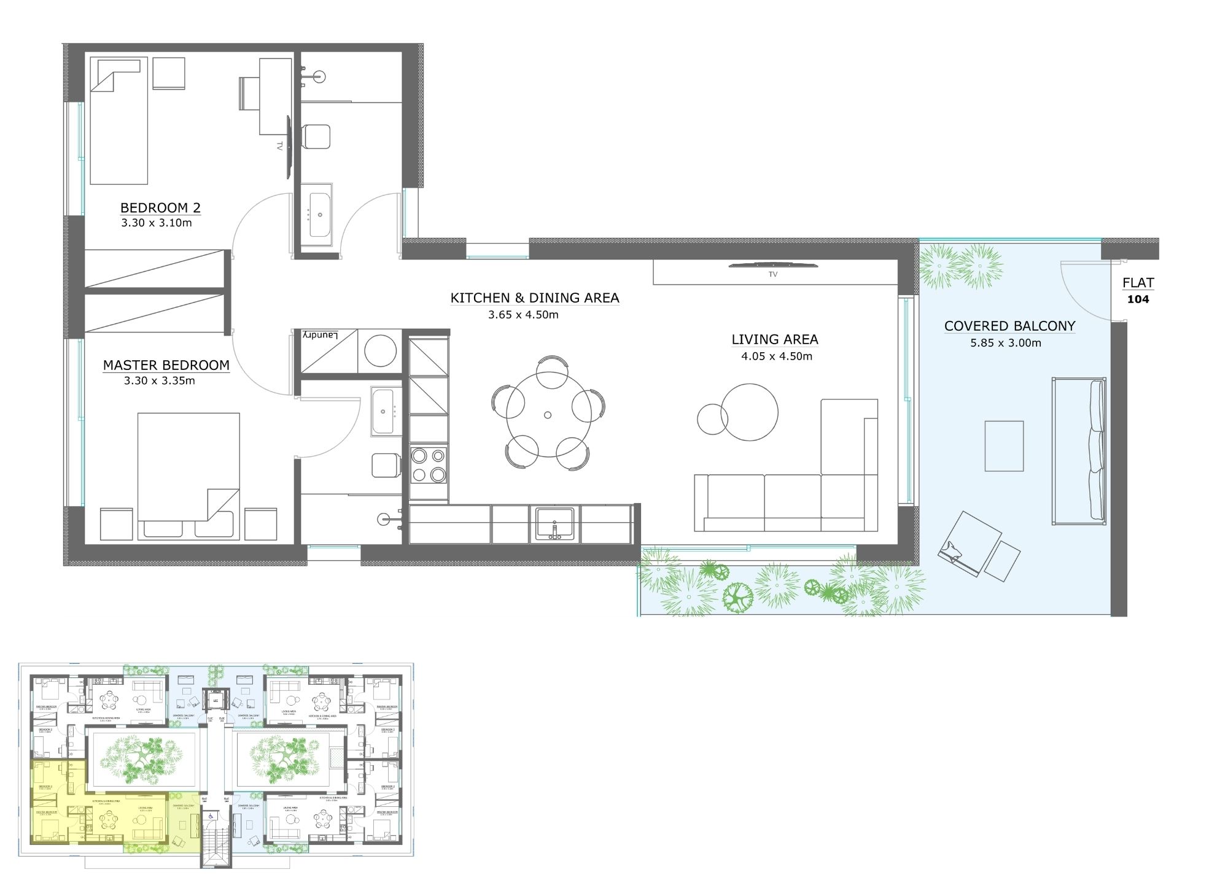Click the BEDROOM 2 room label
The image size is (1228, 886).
pyautogui.click(x=160, y=207)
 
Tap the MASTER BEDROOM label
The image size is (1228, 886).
pyautogui.click(x=166, y=365)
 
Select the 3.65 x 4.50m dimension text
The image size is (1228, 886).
pyautogui.click(x=523, y=315)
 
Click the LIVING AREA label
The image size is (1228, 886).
pyautogui.click(x=774, y=339)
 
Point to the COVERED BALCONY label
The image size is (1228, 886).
pyautogui.click(x=1009, y=326)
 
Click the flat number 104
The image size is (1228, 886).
pyautogui.click(x=1138, y=299)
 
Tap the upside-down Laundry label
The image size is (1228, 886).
pyautogui.click(x=320, y=336)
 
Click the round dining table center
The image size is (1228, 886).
pyautogui.click(x=548, y=415)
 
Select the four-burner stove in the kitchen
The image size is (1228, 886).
pyautogui.click(x=429, y=465)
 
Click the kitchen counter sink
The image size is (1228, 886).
pyautogui.click(x=555, y=523)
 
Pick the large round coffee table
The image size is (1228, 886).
pyautogui.click(x=749, y=412)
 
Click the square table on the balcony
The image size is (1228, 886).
pyautogui.click(x=1004, y=446)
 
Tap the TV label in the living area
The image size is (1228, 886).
pyautogui.click(x=772, y=274)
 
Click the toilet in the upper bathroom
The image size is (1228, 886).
pyautogui.click(x=317, y=136)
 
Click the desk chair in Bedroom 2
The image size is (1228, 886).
pyautogui.click(x=249, y=93)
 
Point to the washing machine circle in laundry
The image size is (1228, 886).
pyautogui.click(x=380, y=351)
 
